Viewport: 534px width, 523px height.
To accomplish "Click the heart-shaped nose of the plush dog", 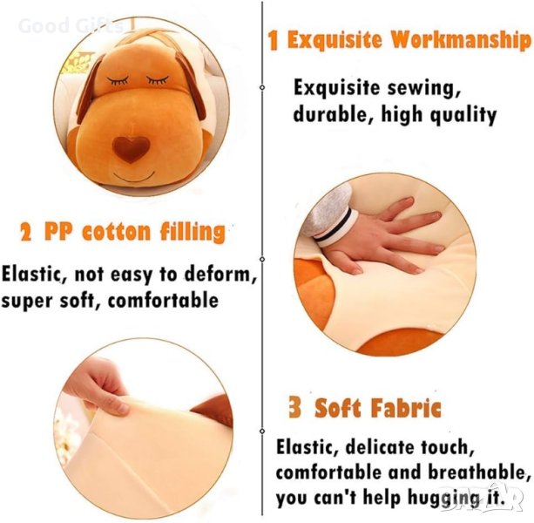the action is (131, 148).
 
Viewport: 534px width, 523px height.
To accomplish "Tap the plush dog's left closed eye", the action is (118, 80).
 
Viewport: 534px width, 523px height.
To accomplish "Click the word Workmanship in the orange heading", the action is (461, 41).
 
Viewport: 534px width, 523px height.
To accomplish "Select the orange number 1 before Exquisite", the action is (273, 41).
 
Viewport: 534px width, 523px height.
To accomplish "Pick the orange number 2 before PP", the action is (26, 234).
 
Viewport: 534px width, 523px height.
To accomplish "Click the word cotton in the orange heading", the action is (117, 233).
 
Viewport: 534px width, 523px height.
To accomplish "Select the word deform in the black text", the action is (220, 274).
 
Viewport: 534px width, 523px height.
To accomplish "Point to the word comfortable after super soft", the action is (163, 300).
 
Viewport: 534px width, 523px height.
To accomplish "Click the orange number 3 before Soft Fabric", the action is (295, 407).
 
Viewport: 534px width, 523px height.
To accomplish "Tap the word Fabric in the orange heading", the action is (406, 407).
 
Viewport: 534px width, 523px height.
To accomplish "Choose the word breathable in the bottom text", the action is (479, 472).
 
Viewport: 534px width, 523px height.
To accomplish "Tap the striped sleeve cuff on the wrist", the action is (335, 228).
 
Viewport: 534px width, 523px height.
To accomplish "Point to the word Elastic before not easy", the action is (31, 275).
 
